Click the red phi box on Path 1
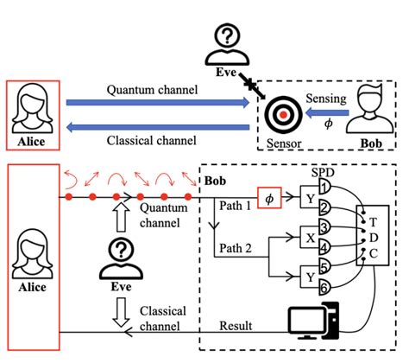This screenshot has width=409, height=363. pos(269,198)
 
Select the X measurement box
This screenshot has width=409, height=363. pos(310,237)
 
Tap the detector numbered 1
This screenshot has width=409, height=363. pos(325,188)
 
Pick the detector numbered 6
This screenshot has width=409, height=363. pos(325,287)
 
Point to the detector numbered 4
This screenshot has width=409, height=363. pos(325,246)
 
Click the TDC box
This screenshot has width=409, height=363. pos(373,235)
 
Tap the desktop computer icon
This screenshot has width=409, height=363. pos(314,321)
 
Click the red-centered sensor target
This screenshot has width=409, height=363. pos(283,115)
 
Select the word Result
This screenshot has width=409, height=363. pos(236,326)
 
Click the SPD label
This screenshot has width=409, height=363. pos(324,173)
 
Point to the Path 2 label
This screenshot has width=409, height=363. pos(236,248)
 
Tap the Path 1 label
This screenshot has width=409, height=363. pos(235,206)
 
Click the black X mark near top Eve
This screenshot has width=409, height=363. pos(251,84)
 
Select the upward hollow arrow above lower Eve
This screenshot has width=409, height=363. pos(121,217)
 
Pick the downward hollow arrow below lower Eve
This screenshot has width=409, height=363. pos(121,313)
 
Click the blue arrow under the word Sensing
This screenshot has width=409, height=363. pos(327,112)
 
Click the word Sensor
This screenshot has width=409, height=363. pos(284,143)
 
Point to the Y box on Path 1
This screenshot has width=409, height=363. pos(310,197)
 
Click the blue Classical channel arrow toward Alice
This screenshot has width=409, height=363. pos(158,127)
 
